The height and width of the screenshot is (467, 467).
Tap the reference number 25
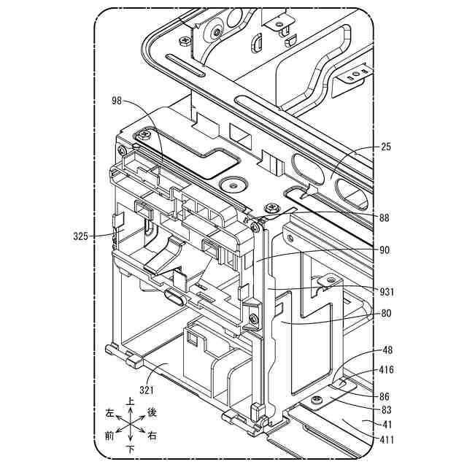386,147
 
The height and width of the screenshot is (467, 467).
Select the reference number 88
385,217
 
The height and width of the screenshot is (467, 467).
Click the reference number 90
385,250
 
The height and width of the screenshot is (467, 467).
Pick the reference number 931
387,292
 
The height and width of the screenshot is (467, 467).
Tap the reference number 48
387,350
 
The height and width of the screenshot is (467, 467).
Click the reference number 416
387,370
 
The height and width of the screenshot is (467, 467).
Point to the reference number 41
387,424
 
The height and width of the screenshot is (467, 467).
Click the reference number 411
387,439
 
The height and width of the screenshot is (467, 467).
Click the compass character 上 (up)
130,401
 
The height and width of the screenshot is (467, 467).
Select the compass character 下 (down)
130,447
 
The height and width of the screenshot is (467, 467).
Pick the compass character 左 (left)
110,412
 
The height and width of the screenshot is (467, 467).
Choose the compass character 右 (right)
151,436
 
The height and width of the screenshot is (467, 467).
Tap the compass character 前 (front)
109,436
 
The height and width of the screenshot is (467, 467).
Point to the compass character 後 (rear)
152,412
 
